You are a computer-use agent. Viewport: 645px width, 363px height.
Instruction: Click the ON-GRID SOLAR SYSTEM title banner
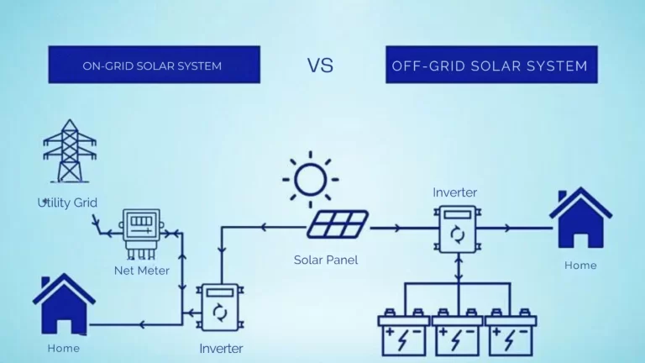point(155,65)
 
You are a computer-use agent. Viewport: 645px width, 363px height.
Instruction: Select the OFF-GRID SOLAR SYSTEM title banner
point(491,65)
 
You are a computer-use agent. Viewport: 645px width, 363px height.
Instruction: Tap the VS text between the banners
point(320,66)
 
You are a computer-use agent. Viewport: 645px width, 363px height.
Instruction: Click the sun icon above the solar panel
point(311,180)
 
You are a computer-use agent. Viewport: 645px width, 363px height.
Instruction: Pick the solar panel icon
point(338,224)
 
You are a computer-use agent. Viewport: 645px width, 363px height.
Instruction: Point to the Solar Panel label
point(326,260)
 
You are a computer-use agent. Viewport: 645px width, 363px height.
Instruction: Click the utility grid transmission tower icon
point(70,151)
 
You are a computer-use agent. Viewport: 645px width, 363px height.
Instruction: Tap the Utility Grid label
point(67,203)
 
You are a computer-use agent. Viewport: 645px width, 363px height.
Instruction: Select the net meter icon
point(141,234)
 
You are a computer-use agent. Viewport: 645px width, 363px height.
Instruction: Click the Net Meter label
point(142,271)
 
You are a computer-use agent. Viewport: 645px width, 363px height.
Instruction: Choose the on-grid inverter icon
point(220,307)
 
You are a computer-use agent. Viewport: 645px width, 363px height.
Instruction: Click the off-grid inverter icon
point(458,229)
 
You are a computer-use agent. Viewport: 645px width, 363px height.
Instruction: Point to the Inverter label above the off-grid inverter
point(455,192)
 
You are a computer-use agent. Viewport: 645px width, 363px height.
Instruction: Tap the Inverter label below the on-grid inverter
point(221,349)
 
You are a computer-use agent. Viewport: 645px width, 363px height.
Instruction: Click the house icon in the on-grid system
point(64,303)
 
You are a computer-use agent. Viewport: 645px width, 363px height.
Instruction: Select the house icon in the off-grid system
point(581,218)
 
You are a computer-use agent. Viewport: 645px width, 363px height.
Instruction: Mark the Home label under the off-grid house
point(580,266)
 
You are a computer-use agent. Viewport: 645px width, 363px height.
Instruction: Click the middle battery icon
point(458,332)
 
